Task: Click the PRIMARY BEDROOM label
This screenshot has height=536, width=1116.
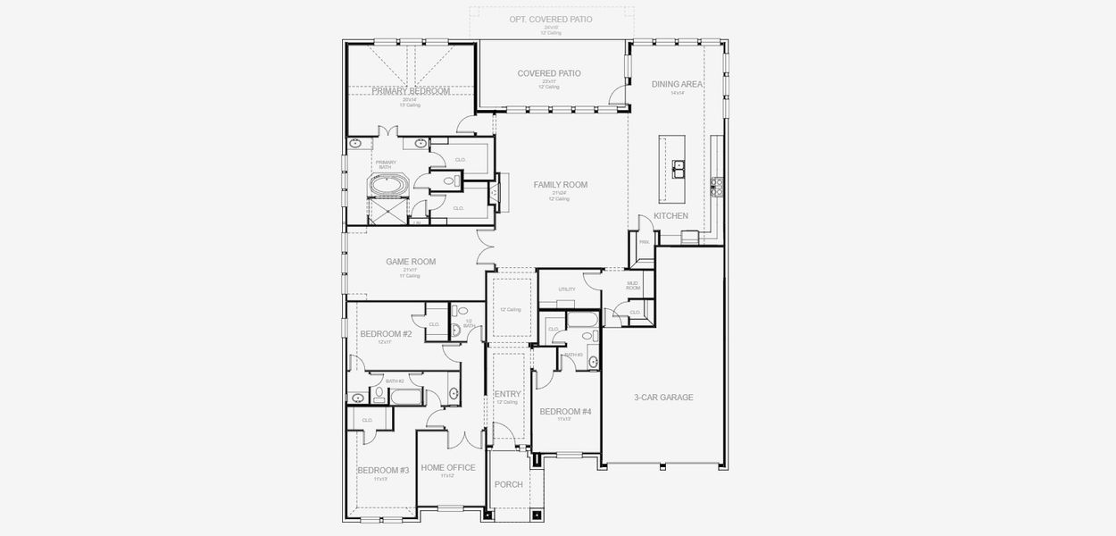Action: pos(411,91)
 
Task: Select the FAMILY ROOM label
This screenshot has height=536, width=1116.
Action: pos(560,185)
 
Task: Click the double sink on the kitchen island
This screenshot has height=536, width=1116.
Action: pos(679,165)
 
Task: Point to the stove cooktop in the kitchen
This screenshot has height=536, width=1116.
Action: pos(715,186)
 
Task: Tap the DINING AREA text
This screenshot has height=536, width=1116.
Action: pos(677,84)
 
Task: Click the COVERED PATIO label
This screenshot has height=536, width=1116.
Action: pos(549,73)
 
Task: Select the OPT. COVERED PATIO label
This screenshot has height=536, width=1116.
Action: pos(550,19)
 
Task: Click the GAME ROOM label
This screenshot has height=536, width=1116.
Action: pos(410,262)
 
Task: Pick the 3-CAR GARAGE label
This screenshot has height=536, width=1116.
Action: pos(663,398)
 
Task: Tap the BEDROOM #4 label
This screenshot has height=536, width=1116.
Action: pos(565,411)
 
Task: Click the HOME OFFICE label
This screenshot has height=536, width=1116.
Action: pos(448,467)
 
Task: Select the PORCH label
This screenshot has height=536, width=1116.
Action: pos(508,484)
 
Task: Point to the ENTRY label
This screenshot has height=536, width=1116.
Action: pos(507,394)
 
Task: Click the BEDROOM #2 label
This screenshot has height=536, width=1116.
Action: pos(385,334)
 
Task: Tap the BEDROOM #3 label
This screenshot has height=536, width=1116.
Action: pos(383,470)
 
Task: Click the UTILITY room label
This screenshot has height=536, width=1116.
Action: pos(567,289)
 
